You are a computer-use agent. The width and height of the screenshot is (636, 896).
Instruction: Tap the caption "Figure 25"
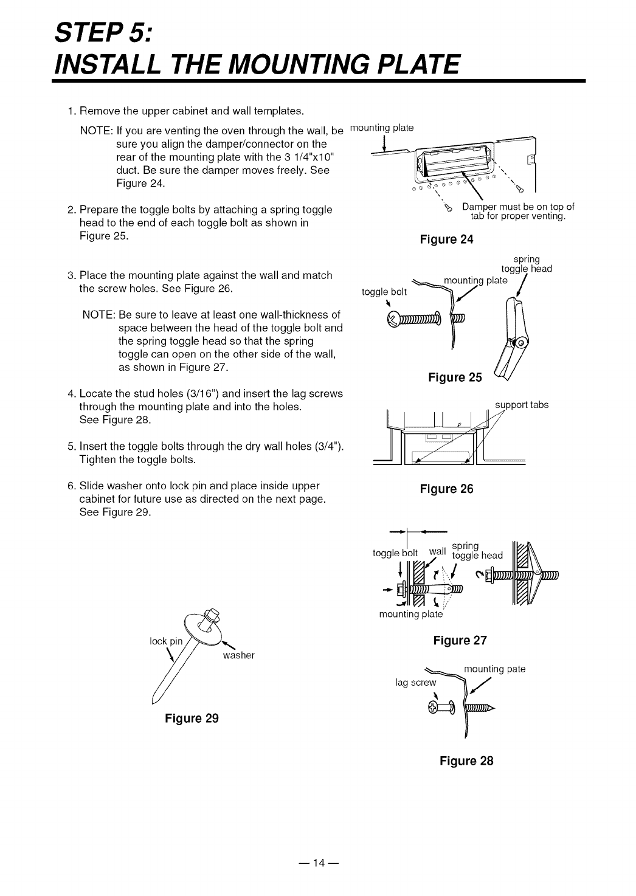pos(455,377)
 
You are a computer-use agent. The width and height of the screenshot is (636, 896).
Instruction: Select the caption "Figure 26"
pos(446,489)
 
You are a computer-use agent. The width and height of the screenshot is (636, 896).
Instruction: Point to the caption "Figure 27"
pos(460,640)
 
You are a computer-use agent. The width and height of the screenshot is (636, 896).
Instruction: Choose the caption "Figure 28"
pos(467,760)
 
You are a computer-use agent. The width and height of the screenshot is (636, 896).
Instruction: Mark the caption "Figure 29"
pos(192,718)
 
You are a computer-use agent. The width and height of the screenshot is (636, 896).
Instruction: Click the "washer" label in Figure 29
pos(238,655)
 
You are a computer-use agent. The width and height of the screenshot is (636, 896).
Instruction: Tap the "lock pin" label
pos(165,641)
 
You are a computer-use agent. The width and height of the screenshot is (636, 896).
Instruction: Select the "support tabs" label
pos(522,404)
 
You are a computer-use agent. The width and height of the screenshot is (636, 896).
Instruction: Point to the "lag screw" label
pos(416,682)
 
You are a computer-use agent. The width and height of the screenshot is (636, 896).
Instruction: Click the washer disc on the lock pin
pos(208,631)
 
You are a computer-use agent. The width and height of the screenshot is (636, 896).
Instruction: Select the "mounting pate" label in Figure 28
pos(494,669)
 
